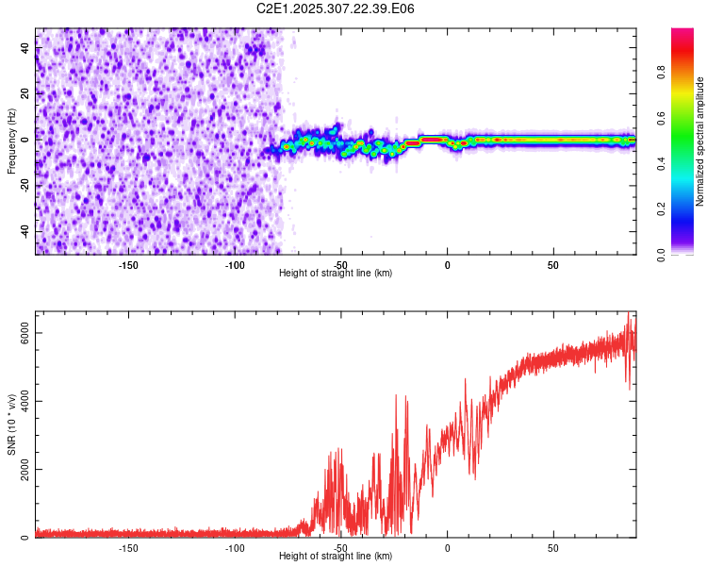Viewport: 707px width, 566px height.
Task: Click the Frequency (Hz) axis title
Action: tap(11, 141)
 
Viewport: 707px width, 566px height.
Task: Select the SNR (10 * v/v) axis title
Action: tap(11, 424)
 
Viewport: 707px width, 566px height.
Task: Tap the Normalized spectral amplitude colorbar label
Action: tap(700, 141)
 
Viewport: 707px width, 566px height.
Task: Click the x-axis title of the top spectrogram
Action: tap(336, 273)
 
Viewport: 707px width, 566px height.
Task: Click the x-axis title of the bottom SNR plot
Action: tap(336, 556)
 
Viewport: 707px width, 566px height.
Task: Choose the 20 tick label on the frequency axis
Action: tap(25, 93)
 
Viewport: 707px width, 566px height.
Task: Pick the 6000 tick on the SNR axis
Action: tap(25, 333)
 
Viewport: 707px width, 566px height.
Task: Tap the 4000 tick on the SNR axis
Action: tap(25, 401)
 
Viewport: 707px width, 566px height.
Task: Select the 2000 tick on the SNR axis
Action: tap(25, 470)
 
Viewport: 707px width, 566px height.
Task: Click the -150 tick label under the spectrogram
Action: tap(129, 263)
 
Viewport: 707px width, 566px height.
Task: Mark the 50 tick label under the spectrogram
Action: tap(553, 263)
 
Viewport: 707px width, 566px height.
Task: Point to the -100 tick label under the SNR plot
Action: tap(235, 546)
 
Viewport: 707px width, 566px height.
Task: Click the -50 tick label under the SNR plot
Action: tap(341, 546)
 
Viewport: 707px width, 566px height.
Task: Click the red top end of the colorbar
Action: tap(682, 34)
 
